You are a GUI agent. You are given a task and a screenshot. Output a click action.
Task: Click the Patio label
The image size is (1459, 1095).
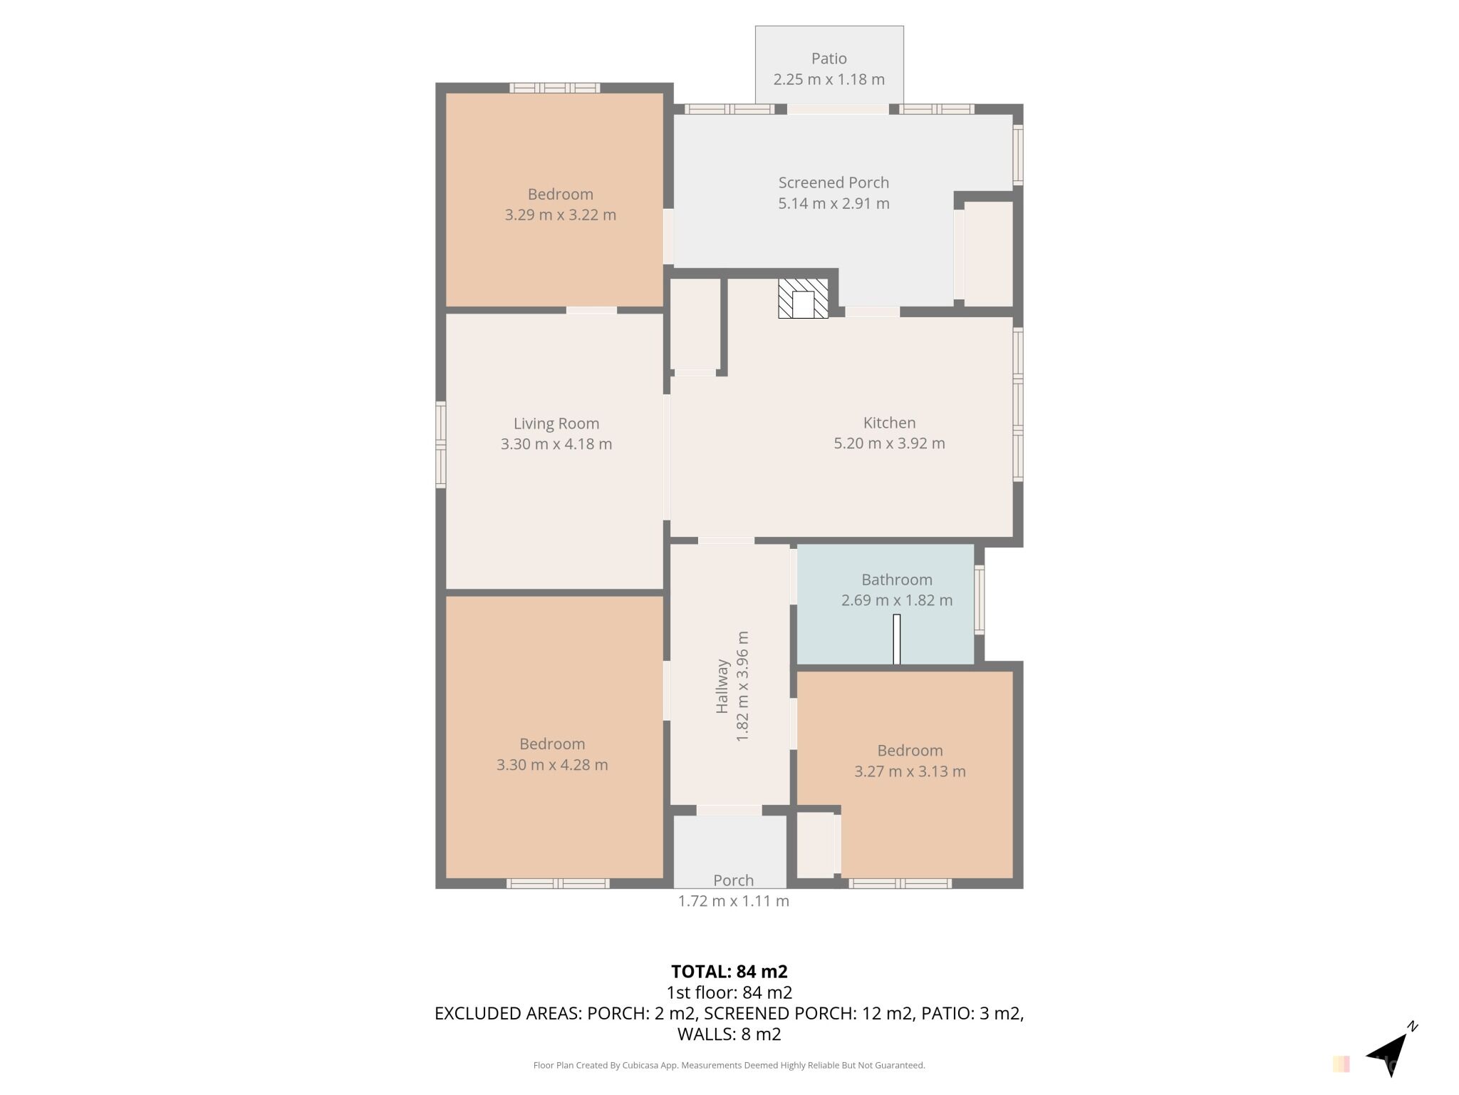pyautogui.click(x=829, y=58)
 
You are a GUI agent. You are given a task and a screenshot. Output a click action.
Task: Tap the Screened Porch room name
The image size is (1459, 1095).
pyautogui.click(x=834, y=182)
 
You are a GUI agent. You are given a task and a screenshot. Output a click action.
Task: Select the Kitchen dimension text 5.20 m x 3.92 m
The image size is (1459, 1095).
pyautogui.click(x=889, y=443)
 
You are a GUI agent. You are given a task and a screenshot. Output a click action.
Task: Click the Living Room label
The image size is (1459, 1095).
pyautogui.click(x=556, y=423)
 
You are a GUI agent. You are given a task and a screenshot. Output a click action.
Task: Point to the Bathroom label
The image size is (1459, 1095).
pyautogui.click(x=897, y=580)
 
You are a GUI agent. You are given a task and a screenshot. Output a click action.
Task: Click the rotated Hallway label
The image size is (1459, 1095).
pyautogui.click(x=722, y=686)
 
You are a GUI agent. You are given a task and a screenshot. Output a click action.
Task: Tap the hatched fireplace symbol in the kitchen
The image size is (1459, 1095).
pyautogui.click(x=803, y=298)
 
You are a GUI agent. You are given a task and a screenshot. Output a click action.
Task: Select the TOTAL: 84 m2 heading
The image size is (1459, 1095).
pyautogui.click(x=729, y=972)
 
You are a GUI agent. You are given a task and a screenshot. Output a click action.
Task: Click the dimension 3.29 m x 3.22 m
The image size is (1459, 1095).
pyautogui.click(x=561, y=215)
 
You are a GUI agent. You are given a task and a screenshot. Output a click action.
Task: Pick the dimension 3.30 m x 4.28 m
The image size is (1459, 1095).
pyautogui.click(x=552, y=765)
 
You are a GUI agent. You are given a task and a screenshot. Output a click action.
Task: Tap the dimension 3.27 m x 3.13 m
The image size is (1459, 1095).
pyautogui.click(x=910, y=771)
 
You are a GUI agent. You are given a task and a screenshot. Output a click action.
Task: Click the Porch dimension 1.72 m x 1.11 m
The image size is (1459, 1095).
pyautogui.click(x=733, y=901)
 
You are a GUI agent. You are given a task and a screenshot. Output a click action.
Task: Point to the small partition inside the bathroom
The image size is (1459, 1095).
pyautogui.click(x=897, y=639)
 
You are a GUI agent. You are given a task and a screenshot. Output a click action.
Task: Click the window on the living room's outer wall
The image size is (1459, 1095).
pyautogui.click(x=441, y=445)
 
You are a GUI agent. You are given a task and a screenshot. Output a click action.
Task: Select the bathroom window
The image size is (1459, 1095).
pyautogui.click(x=980, y=600)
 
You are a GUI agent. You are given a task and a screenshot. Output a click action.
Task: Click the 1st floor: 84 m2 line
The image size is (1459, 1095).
pyautogui.click(x=729, y=992)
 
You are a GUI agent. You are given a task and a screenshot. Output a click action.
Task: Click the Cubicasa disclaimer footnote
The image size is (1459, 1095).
pyautogui.click(x=729, y=1066)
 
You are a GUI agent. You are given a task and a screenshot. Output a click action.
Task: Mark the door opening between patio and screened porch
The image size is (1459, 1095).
pyautogui.click(x=838, y=109)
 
